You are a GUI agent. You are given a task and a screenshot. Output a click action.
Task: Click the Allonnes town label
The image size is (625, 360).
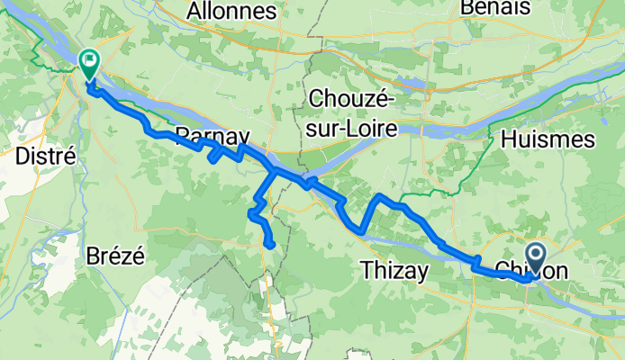pyautogui.click(x=231, y=11)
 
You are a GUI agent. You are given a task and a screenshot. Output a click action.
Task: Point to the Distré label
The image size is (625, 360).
pyautogui.click(x=44, y=156)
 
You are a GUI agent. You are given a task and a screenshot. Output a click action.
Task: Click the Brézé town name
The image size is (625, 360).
pyautogui.click(x=115, y=255)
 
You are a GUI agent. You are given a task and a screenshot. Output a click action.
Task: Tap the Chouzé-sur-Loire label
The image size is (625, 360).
pyautogui.click(x=351, y=112)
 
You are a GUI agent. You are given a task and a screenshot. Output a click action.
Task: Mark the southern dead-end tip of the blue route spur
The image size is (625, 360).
pyautogui.click(x=270, y=244)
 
